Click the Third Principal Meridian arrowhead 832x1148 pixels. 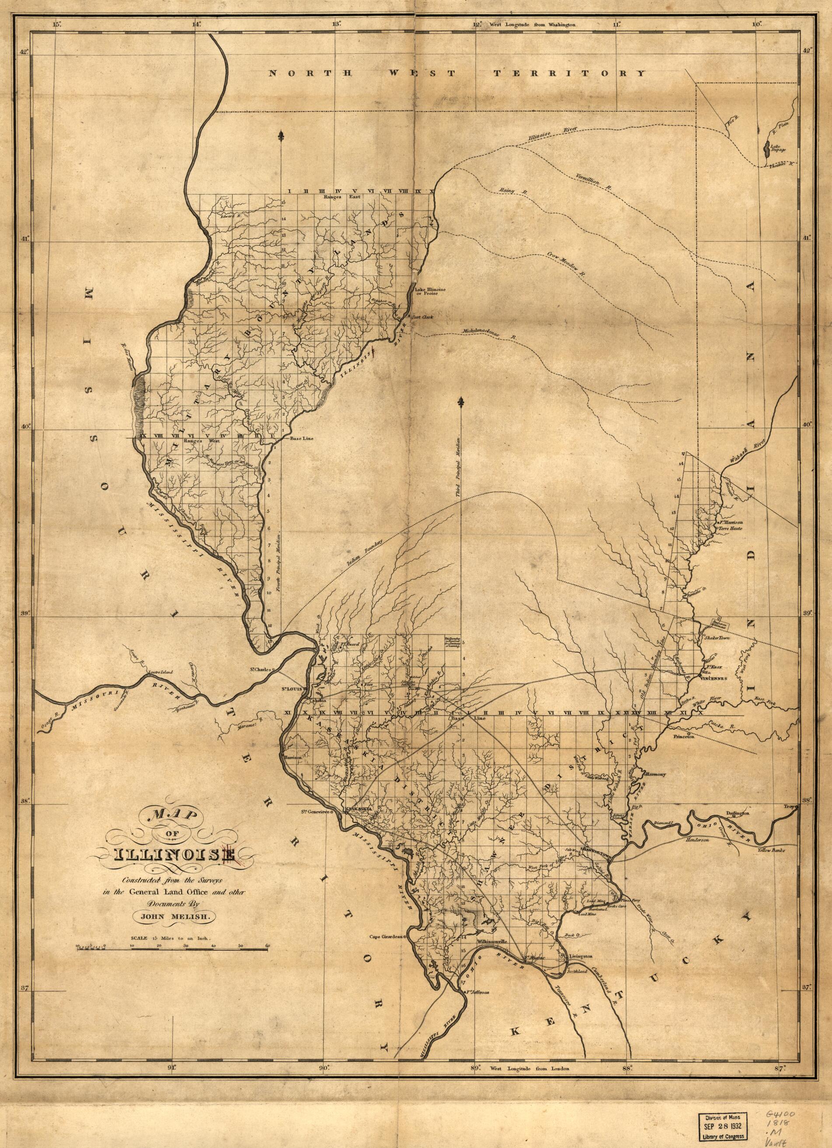pos(461,402)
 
